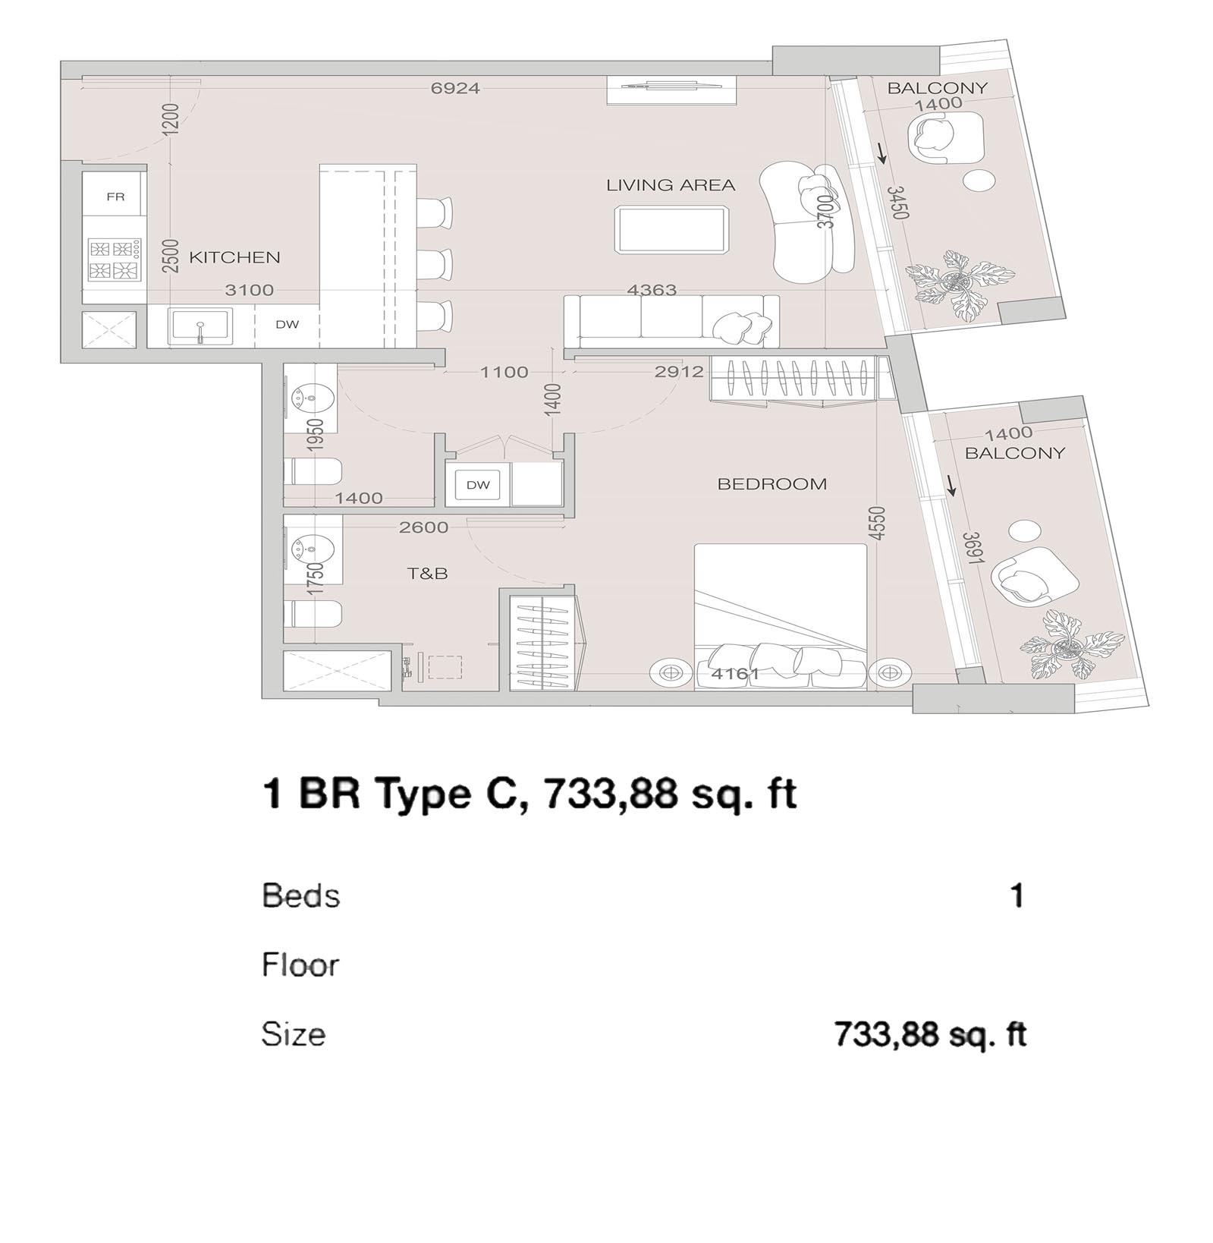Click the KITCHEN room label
(234, 258)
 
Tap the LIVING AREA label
(671, 185)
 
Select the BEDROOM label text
(772, 484)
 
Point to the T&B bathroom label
(428, 574)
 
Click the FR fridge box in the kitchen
(115, 197)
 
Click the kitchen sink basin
(200, 326)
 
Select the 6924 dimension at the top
(455, 88)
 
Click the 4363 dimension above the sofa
(652, 289)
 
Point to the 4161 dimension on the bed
(735, 673)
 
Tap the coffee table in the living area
(672, 228)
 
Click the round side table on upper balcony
(979, 181)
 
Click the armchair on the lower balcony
(1033, 577)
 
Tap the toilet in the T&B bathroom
(313, 613)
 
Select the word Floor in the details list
(300, 965)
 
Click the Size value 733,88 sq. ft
(930, 1034)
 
